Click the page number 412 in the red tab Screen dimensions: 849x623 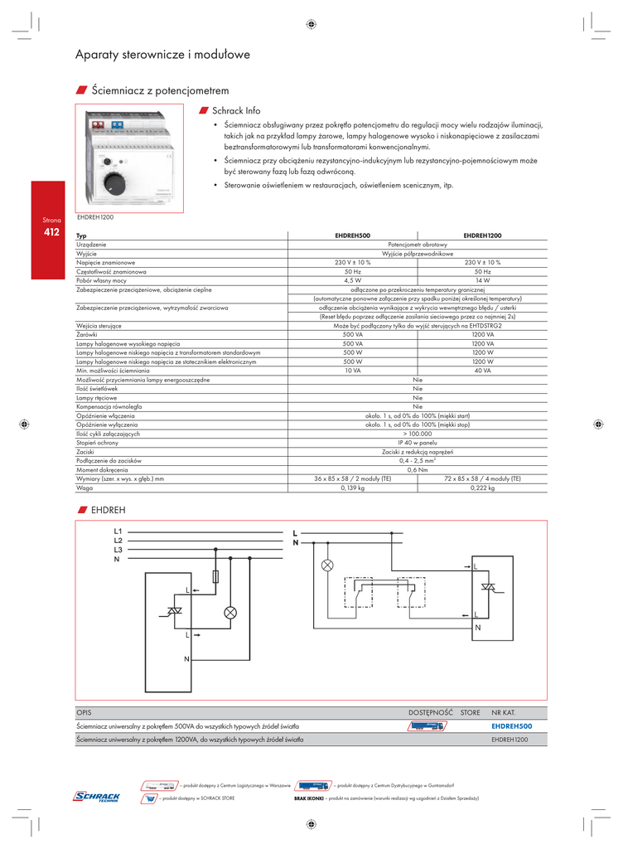[x=51, y=233]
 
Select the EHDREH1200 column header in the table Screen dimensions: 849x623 [x=482, y=236]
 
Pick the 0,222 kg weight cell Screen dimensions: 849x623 [x=482, y=488]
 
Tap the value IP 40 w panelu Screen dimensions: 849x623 [x=418, y=444]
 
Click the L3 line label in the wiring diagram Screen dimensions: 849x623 [x=118, y=550]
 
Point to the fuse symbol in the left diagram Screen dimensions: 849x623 [x=217, y=576]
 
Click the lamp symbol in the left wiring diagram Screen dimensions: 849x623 [x=230, y=613]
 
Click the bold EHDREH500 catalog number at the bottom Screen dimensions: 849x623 [x=511, y=725]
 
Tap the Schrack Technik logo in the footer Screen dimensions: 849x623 [x=97, y=797]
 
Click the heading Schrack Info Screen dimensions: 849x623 [x=235, y=110]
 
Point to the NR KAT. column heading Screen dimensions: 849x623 [x=504, y=712]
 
